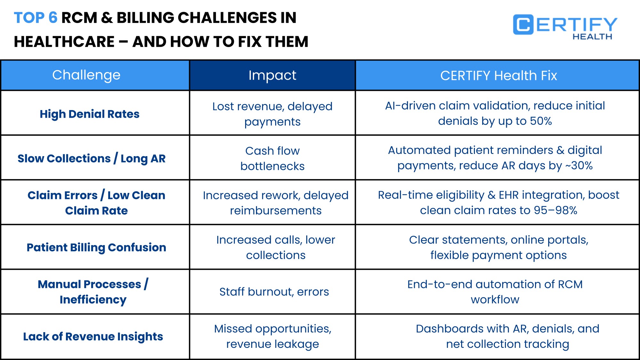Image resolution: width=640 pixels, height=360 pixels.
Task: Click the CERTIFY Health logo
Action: (565, 27)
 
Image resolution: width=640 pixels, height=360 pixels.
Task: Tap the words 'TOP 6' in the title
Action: (36, 18)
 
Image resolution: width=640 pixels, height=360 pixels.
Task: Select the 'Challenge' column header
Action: (86, 75)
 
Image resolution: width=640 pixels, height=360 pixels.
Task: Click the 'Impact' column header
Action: (272, 76)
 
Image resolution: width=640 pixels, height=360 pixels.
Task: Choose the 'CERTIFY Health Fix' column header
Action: (498, 76)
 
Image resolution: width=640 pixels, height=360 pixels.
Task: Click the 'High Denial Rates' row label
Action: (90, 114)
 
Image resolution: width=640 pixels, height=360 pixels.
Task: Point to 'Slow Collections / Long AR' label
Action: (92, 158)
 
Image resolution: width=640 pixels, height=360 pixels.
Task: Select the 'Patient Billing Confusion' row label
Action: (96, 247)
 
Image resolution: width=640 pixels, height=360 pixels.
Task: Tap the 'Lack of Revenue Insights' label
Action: (93, 336)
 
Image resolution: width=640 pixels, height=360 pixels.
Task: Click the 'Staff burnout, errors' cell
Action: (274, 292)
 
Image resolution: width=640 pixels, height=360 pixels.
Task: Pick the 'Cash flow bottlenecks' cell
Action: (272, 158)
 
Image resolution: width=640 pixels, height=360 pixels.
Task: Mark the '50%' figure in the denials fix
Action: (541, 121)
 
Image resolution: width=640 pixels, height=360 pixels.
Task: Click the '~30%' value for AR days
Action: (579, 166)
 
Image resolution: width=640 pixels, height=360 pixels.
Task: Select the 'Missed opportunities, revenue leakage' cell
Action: (272, 336)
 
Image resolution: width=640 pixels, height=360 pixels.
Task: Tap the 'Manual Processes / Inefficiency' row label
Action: (93, 292)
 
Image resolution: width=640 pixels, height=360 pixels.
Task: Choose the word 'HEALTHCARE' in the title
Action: (64, 42)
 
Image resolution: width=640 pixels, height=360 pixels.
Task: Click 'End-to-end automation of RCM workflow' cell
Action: (495, 292)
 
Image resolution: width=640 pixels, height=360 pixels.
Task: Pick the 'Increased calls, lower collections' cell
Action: (276, 247)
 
